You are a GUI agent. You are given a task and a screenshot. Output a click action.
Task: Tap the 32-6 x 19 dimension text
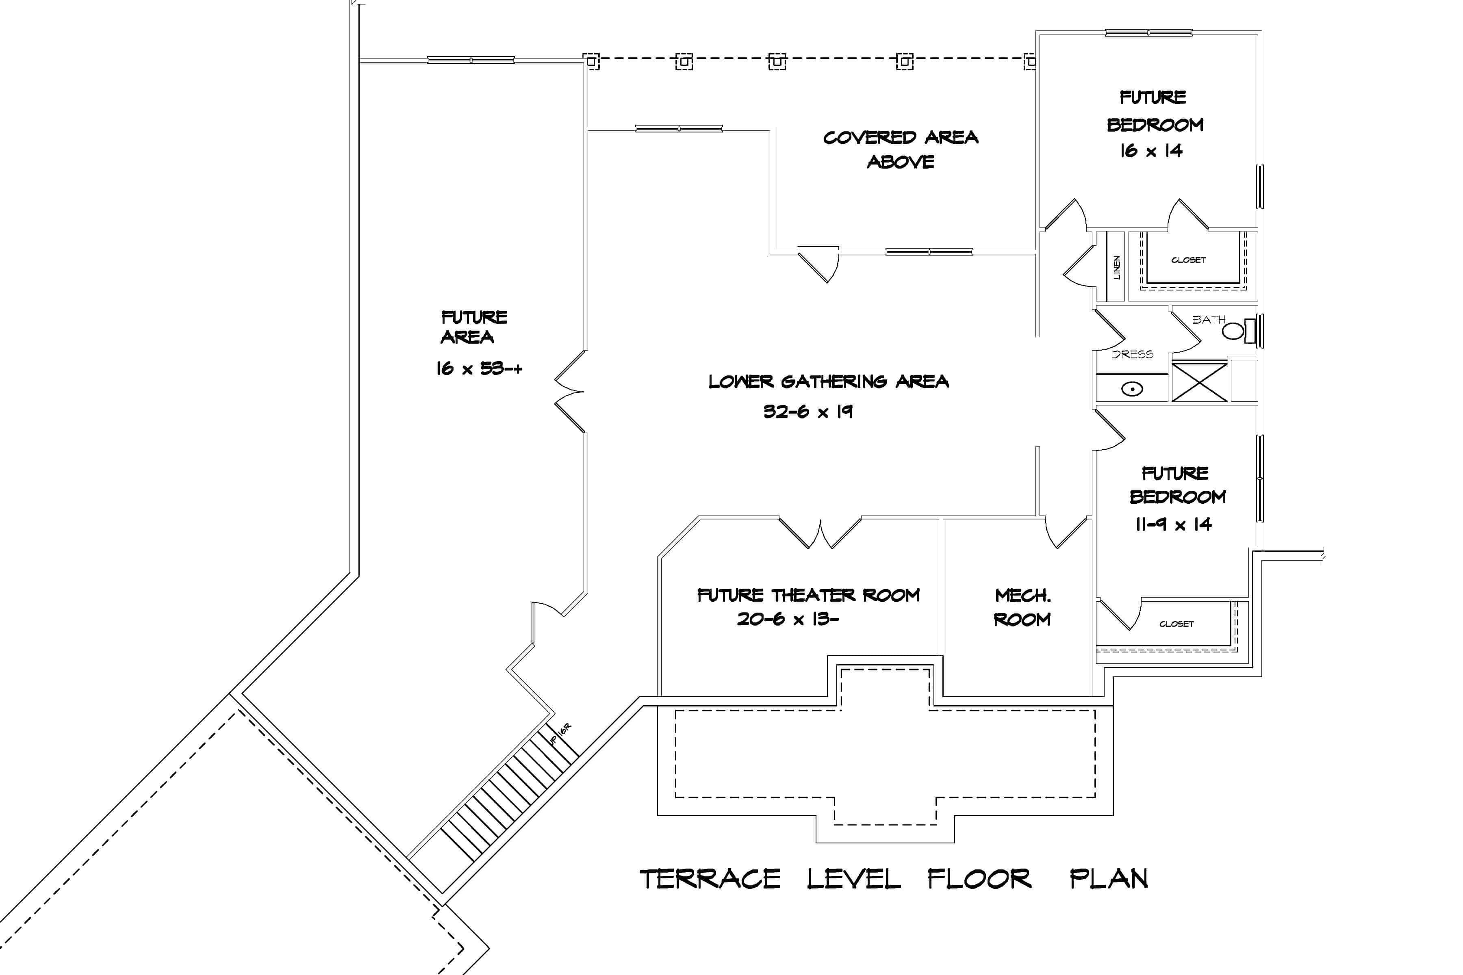(x=807, y=412)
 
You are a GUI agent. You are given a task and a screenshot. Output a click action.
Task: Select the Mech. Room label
(x=1022, y=607)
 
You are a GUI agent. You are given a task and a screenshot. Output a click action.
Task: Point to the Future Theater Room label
(x=808, y=595)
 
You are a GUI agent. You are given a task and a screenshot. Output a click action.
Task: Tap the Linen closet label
(x=1116, y=267)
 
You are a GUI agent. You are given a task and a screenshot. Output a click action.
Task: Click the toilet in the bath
(x=1233, y=331)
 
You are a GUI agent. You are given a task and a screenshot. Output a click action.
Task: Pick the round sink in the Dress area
(x=1132, y=389)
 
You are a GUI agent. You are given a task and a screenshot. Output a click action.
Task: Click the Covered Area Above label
(x=900, y=149)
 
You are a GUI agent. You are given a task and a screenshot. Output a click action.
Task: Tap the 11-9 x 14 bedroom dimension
(x=1173, y=525)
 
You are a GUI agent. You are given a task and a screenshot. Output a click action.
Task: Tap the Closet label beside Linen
(x=1188, y=260)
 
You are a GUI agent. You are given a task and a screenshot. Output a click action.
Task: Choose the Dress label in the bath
(x=1132, y=354)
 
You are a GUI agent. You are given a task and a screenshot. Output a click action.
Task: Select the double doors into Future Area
(x=570, y=392)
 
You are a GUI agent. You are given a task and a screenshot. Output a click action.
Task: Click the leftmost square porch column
(x=591, y=61)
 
